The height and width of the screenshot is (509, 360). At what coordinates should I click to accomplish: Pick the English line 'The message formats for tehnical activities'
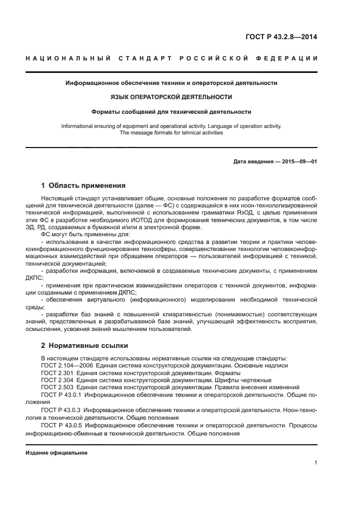click(x=172, y=132)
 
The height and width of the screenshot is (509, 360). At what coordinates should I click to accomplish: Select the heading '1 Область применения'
click(x=83, y=185)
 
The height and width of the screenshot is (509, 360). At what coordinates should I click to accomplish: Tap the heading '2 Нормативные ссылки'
click(x=84, y=346)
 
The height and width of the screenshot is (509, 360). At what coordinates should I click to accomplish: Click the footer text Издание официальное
click(x=57, y=452)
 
